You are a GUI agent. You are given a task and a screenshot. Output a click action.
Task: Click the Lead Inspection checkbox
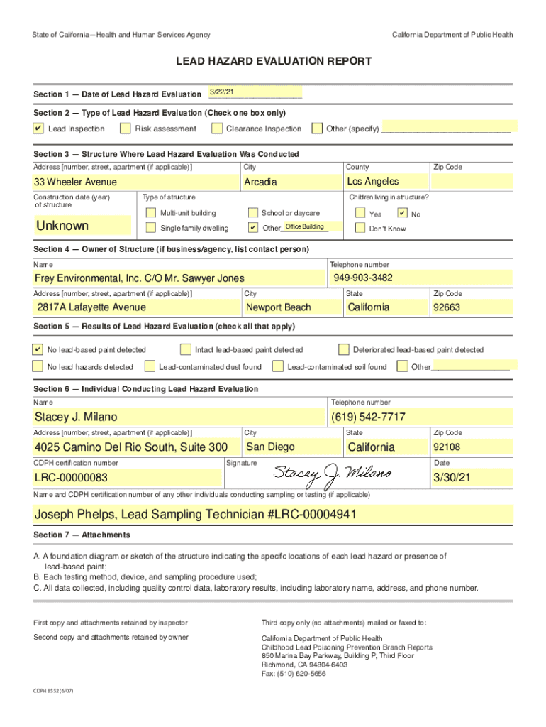coord(38,129)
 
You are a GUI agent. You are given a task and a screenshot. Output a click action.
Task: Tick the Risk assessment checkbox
coord(126,129)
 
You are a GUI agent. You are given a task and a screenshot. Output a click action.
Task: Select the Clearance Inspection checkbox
coord(216,129)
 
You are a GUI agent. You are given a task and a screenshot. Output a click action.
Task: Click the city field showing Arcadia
coord(260,182)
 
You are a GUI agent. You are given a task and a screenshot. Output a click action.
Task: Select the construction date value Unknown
coord(62,226)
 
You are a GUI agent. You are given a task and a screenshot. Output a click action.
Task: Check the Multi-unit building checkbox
coord(150,213)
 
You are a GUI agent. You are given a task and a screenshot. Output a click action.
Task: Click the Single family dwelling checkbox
coord(150,228)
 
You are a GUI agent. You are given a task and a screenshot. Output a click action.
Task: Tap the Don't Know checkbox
coord(360,229)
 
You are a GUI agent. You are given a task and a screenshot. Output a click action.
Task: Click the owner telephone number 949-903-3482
coord(362,278)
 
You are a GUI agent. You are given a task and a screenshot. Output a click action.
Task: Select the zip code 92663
coord(447,307)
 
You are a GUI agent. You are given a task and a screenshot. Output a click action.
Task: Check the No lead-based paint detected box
coord(38,349)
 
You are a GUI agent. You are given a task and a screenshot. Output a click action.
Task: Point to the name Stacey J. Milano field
coord(76,417)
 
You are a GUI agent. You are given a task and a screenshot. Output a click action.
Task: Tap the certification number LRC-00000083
coord(71,478)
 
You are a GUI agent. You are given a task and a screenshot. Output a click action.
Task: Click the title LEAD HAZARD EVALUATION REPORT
coord(273,62)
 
